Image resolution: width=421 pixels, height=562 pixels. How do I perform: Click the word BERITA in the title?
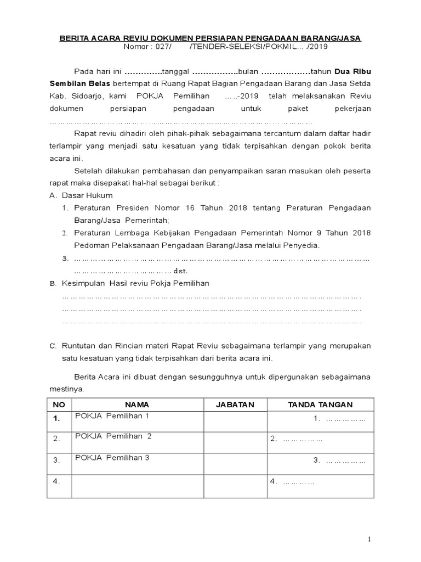coord(72,38)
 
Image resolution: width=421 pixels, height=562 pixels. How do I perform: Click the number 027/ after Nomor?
coord(162,48)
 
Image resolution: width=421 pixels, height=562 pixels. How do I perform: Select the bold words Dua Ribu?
coord(357,72)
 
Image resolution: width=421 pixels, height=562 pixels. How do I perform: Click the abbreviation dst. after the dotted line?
coord(180,271)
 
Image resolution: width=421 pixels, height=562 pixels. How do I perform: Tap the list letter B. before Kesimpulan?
coord(53,283)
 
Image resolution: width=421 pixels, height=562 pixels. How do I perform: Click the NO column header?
coord(59,404)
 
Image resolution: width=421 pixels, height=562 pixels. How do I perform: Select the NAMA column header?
coord(137,404)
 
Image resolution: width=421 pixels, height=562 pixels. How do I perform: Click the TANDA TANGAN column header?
coord(320,404)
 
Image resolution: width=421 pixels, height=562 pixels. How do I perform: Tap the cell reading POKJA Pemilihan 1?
coord(112,417)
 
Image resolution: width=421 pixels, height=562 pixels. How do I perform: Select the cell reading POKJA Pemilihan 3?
coord(112,458)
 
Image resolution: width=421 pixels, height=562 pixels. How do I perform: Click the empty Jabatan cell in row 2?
coord(235,439)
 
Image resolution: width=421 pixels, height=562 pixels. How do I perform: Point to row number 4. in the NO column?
coord(56,481)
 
